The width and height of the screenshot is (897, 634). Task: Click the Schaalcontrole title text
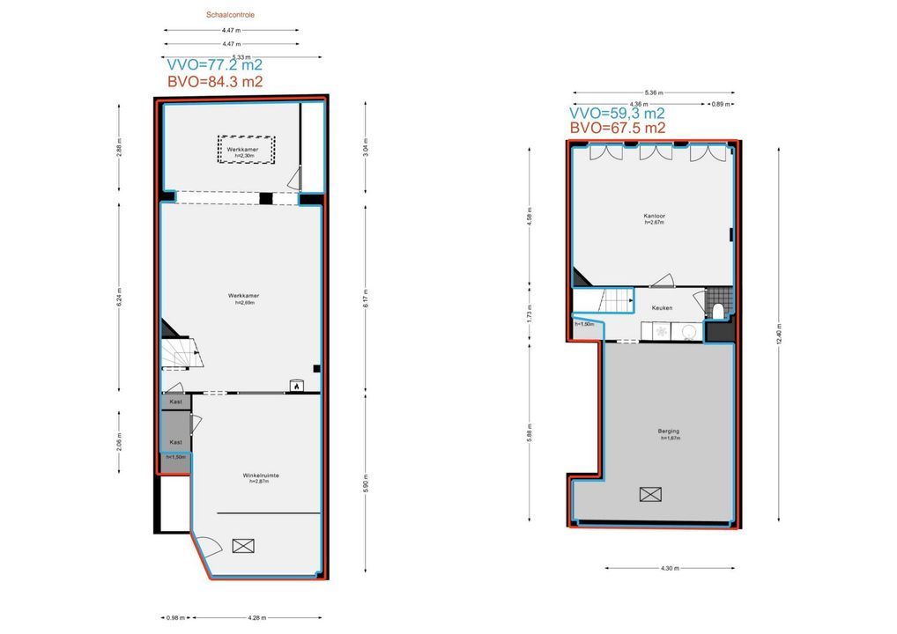point(231,15)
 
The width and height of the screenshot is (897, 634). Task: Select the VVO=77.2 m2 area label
point(214,64)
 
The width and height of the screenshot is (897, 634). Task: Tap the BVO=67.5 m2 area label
point(617,128)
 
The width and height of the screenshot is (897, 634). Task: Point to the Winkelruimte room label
point(261,477)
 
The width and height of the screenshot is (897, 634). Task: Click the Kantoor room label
point(653,216)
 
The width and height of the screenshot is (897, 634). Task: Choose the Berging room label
point(668,431)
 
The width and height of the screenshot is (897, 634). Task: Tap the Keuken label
point(662,308)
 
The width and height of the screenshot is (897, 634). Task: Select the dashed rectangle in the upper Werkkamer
point(248,150)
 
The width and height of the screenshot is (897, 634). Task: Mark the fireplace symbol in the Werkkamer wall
point(297,385)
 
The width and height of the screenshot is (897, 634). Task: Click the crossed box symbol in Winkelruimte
point(242,546)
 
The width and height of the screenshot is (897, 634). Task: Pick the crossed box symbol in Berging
point(651,494)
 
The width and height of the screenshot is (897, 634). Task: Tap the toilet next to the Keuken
point(719,310)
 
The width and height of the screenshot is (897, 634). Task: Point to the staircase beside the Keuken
point(616,301)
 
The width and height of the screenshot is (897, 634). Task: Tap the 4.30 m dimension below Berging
point(669,568)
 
